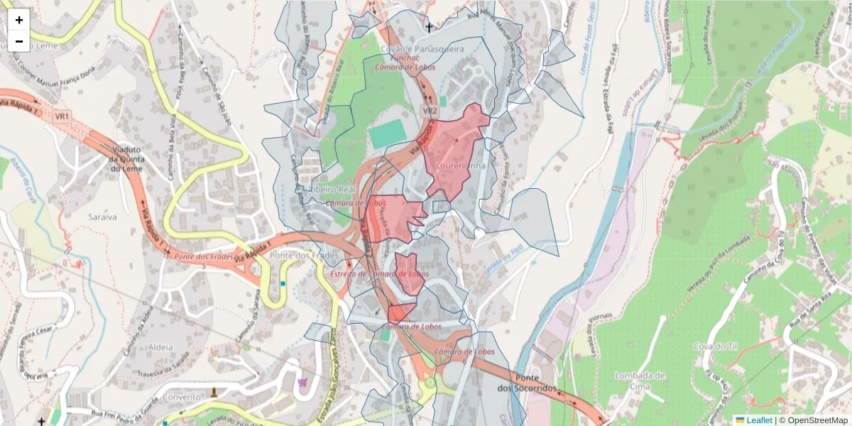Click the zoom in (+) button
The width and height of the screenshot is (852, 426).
click(19, 20)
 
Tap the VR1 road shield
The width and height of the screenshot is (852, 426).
click(62, 116)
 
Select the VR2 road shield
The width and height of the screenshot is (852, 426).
click(430, 111)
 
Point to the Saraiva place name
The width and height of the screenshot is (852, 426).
click(102, 217)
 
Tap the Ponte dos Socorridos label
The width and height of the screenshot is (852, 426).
click(535, 383)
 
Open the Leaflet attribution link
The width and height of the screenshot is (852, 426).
click(758, 420)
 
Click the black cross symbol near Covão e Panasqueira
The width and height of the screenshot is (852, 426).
click(428, 28)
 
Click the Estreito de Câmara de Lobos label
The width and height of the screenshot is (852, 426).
click(380, 274)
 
